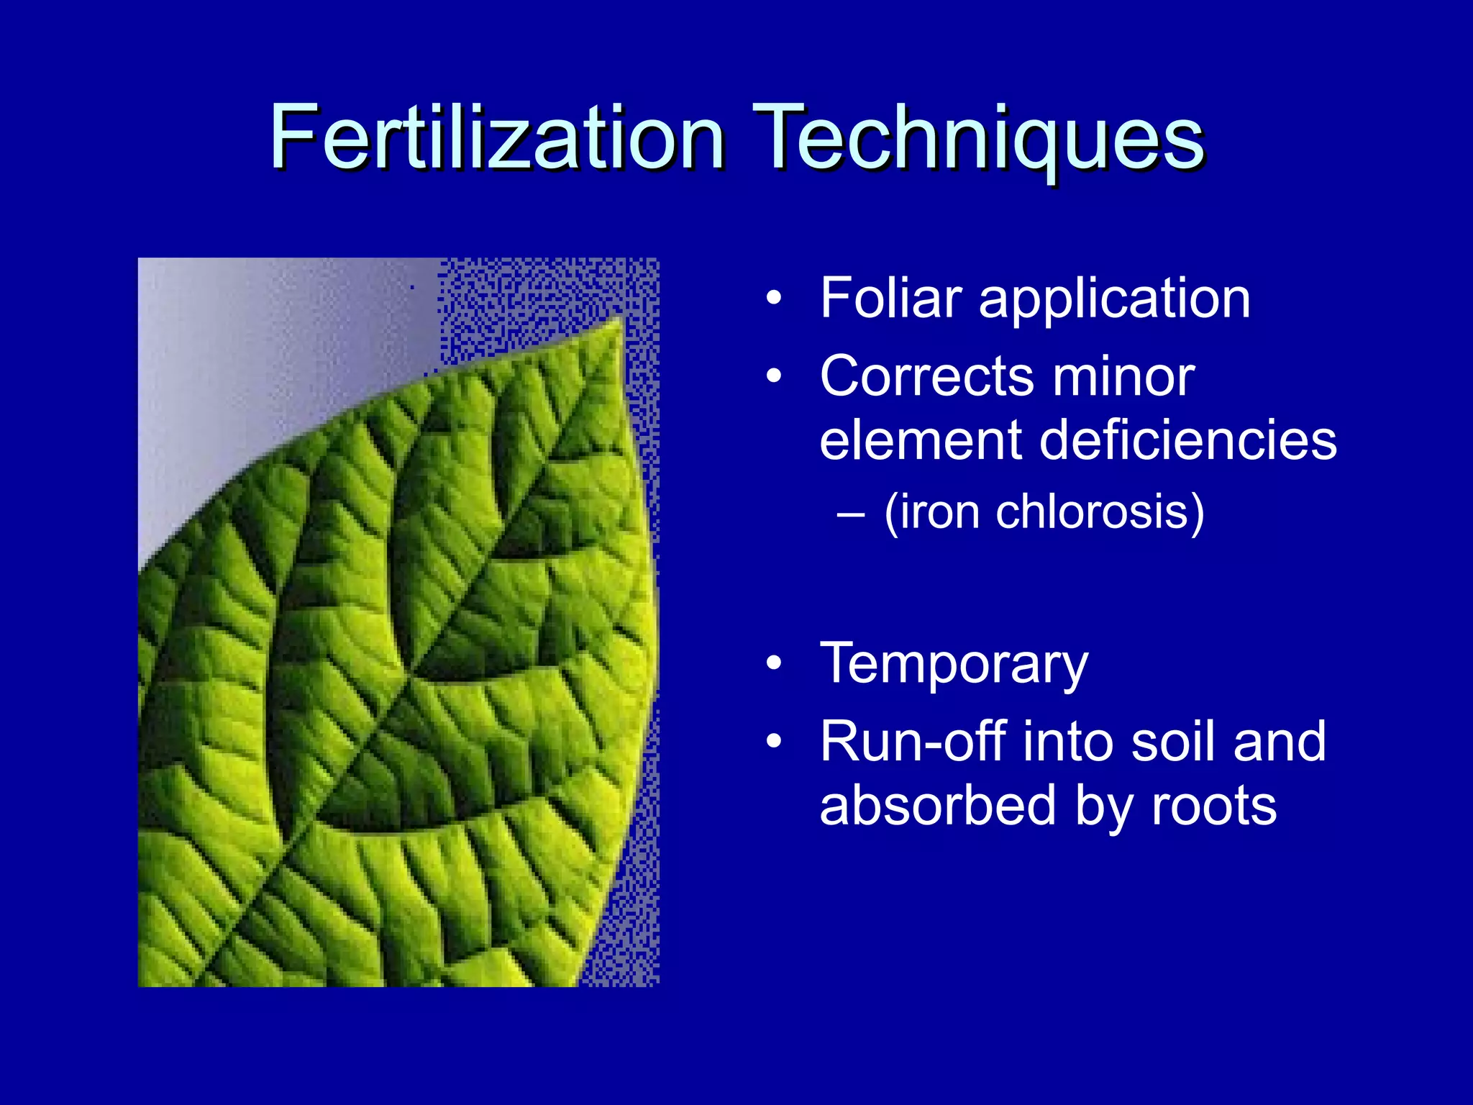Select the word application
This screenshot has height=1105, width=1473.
click(x=1114, y=299)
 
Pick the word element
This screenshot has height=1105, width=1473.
click(x=921, y=440)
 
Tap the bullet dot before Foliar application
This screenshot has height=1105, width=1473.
click(x=773, y=298)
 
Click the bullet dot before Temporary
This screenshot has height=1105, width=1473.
click(x=773, y=663)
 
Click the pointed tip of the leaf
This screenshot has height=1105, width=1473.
click(x=620, y=319)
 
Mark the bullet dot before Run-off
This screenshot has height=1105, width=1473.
click(x=773, y=742)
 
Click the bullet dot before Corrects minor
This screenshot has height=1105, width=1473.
click(x=773, y=376)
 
